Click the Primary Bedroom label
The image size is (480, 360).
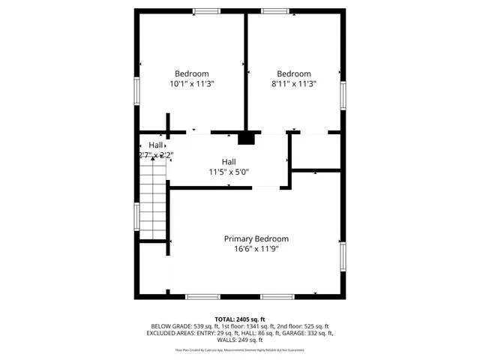click(256, 238)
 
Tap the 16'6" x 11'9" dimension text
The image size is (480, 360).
click(256, 249)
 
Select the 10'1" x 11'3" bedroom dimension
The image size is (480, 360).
click(192, 84)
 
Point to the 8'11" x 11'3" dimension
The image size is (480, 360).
click(293, 84)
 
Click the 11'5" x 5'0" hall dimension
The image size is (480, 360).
click(229, 172)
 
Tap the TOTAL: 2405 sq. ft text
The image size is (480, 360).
click(240, 319)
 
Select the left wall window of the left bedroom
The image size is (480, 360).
click(136, 91)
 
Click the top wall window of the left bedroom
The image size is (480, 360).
click(206, 10)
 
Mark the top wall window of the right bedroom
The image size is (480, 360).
click(274, 10)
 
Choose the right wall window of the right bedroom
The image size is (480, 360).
click(343, 94)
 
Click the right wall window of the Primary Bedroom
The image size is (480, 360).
click(343, 256)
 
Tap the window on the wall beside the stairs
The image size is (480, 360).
click(136, 217)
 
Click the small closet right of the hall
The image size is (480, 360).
click(316, 151)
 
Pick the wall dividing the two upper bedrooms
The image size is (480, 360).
click(246, 71)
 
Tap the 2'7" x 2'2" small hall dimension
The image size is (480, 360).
click(156, 155)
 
